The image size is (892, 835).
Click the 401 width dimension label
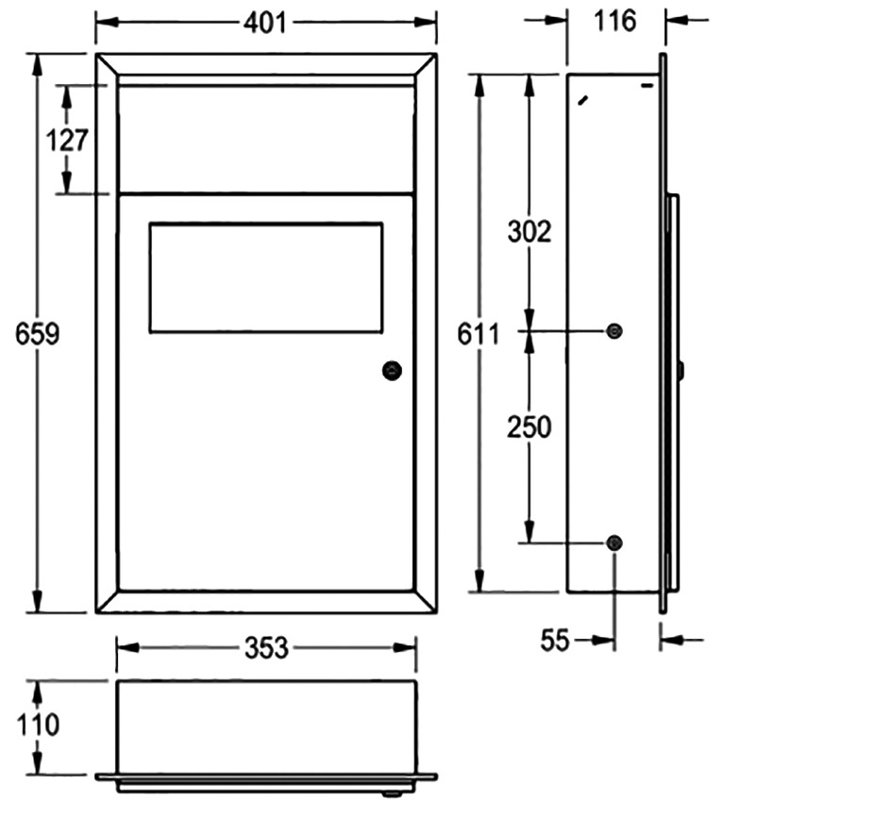[265, 23]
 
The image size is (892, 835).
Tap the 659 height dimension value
[37, 333]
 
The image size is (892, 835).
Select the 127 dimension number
[67, 140]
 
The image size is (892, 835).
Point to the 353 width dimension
[266, 648]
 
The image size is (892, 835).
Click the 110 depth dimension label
[38, 726]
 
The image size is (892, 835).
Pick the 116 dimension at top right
[614, 22]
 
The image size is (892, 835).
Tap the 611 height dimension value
[479, 334]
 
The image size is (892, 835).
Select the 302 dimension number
[529, 232]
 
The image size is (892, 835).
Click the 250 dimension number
[529, 427]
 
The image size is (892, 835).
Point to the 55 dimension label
[555, 641]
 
